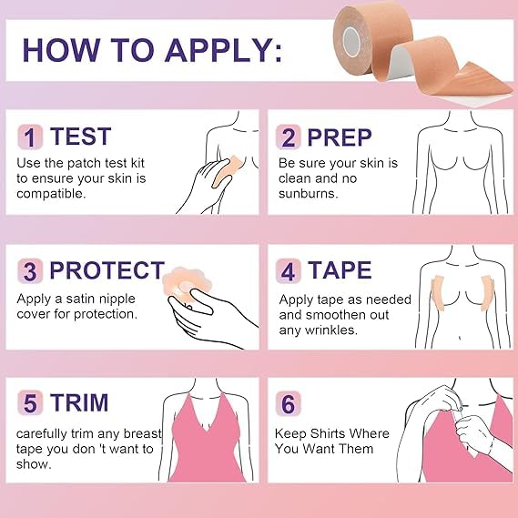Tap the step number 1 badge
point(29,137)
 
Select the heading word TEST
point(80,137)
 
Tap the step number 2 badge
point(288,137)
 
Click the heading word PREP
point(340,137)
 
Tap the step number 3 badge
point(29,271)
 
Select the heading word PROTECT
point(107,271)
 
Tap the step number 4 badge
point(288,271)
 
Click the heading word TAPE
point(340,271)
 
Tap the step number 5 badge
point(29,403)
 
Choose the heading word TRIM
point(79,403)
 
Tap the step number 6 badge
point(288,403)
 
